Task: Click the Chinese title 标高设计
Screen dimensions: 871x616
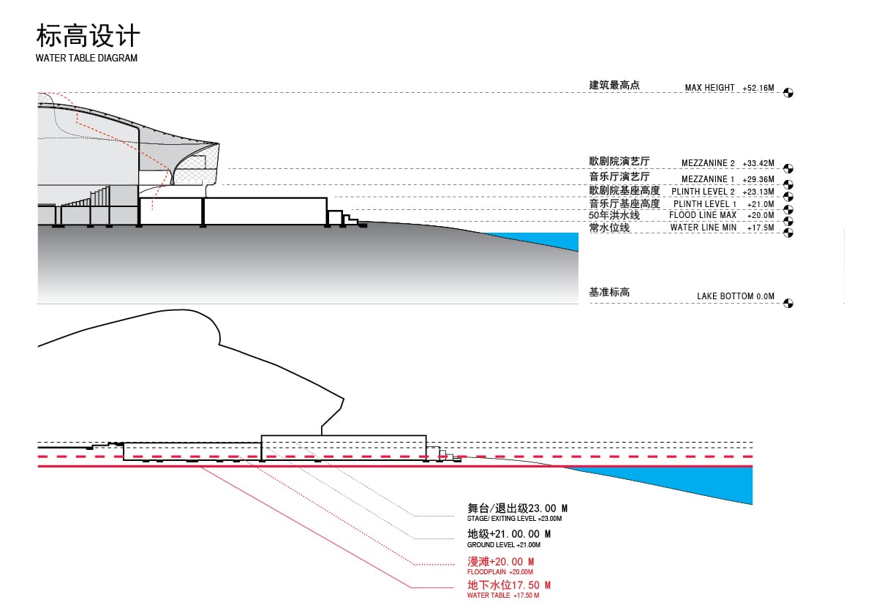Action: click(x=88, y=36)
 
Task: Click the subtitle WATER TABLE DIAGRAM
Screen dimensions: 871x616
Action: click(x=86, y=58)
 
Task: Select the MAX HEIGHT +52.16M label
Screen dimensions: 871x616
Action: click(x=729, y=88)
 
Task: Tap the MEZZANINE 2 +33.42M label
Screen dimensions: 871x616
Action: click(x=728, y=162)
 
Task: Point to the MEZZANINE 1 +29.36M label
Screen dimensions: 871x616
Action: click(x=728, y=179)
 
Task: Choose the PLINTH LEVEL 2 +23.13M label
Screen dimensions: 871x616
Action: click(x=723, y=192)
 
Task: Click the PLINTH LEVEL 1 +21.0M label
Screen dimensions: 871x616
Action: click(x=724, y=204)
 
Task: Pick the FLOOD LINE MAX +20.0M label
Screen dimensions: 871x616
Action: click(x=722, y=215)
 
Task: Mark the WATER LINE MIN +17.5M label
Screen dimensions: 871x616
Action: click(x=722, y=228)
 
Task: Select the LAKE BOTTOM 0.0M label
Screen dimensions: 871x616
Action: click(x=736, y=296)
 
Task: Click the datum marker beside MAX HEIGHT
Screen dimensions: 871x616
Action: click(x=788, y=93)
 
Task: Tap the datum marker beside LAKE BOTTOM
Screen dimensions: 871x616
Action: click(x=788, y=304)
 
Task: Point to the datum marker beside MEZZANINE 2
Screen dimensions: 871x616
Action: click(x=788, y=168)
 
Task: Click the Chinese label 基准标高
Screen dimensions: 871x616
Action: click(x=609, y=292)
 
